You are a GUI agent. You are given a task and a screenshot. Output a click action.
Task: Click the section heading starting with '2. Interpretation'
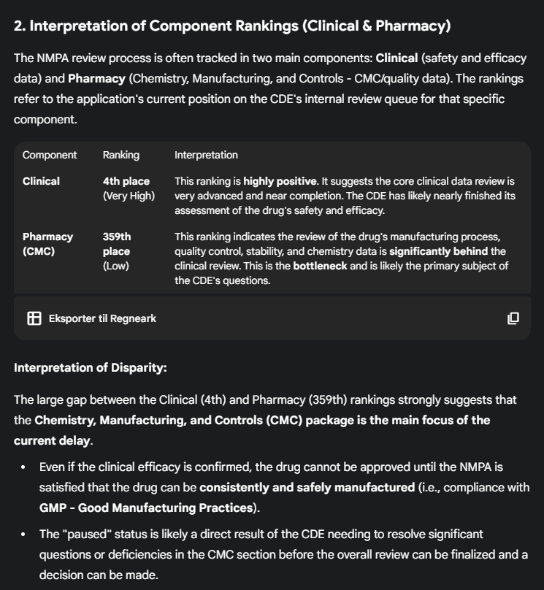[x=232, y=26]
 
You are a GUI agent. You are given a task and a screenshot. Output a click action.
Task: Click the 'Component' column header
[x=50, y=155]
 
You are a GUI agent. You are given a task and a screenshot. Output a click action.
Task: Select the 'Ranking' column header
[x=120, y=155]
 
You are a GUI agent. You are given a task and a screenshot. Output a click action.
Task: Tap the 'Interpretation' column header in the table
[x=206, y=155]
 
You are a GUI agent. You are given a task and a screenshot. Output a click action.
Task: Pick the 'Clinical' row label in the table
[x=41, y=181]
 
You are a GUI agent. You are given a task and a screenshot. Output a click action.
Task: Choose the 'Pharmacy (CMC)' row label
[x=47, y=244]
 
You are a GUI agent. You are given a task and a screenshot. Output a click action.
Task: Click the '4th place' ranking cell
[x=126, y=181]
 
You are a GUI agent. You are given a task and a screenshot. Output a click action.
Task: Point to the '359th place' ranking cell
[x=117, y=244]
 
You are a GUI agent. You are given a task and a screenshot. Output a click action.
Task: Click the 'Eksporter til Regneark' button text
[x=102, y=318]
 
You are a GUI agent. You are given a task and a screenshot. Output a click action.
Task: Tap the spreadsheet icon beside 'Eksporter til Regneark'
[x=34, y=318]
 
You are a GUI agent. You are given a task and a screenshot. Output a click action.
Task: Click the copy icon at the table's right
[x=513, y=318]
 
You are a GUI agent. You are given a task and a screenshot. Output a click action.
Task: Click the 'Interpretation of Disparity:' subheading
[x=91, y=367]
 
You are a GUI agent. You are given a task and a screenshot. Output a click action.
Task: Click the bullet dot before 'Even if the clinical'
[x=23, y=467]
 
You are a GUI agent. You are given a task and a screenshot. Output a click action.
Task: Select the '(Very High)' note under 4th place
[x=129, y=196]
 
